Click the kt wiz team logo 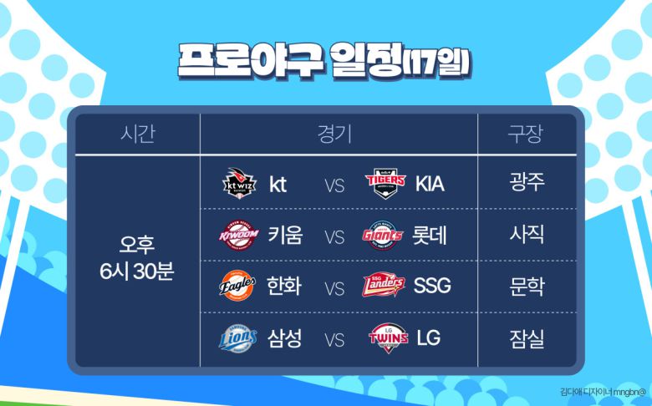(x=239, y=183)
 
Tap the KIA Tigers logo (x=385, y=183)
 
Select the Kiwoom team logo (x=239, y=236)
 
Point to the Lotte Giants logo (x=383, y=236)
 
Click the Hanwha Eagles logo (x=237, y=286)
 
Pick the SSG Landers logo (x=384, y=285)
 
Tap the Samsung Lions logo (x=238, y=337)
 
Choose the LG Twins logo (x=389, y=337)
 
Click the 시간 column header (x=138, y=134)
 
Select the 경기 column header (x=334, y=134)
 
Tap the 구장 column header (x=525, y=134)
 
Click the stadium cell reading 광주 (x=527, y=181)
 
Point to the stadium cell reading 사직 (x=527, y=234)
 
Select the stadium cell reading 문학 (x=527, y=286)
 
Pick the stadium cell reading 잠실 (x=527, y=338)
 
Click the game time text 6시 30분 (x=137, y=272)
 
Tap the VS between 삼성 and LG (x=334, y=340)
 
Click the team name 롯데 (x=430, y=236)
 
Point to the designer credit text (x=604, y=392)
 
